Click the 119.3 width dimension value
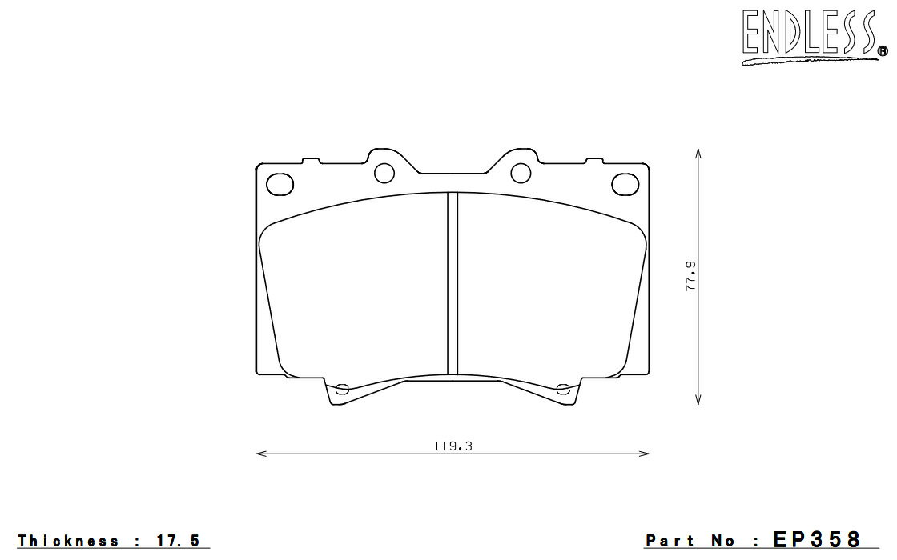[x=453, y=446]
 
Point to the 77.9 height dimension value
[x=691, y=276]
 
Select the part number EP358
[x=816, y=539]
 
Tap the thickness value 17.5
[x=179, y=540]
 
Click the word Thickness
[x=68, y=540]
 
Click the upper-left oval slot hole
[x=280, y=184]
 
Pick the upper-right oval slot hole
[x=625, y=184]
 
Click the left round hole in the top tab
[x=384, y=173]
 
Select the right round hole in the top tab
[x=521, y=173]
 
